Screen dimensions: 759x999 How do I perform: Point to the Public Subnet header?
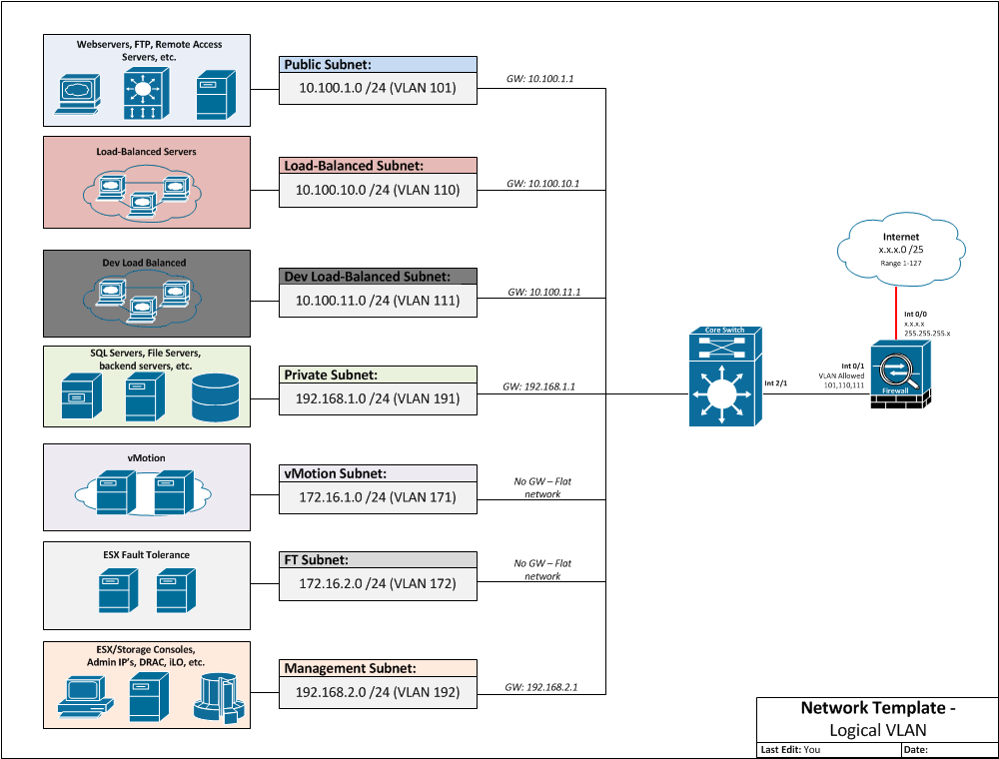tap(379, 65)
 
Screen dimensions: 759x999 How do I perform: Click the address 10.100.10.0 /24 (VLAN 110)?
tap(379, 189)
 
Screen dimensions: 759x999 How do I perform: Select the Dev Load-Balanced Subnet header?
tap(379, 277)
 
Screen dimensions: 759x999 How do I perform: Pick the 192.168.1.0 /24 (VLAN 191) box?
tap(379, 397)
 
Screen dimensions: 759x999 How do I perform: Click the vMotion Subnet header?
tap(379, 473)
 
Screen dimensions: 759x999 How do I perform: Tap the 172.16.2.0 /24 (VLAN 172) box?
tap(379, 583)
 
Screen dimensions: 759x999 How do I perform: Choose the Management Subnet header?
tap(379, 668)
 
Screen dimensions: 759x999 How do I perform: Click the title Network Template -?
tap(877, 708)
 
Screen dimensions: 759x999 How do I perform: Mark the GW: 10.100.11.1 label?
tap(543, 293)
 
